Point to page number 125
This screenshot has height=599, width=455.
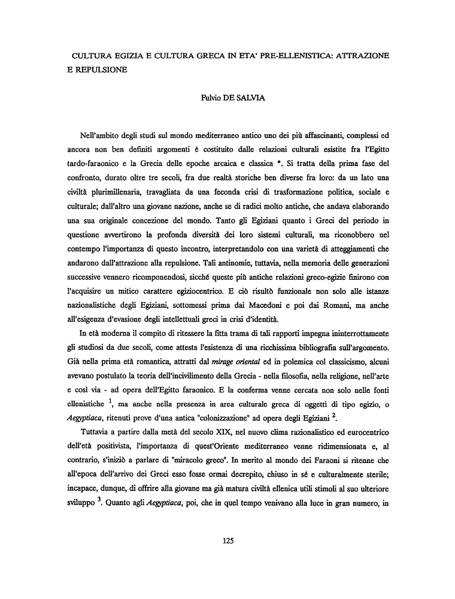coord(227,540)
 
